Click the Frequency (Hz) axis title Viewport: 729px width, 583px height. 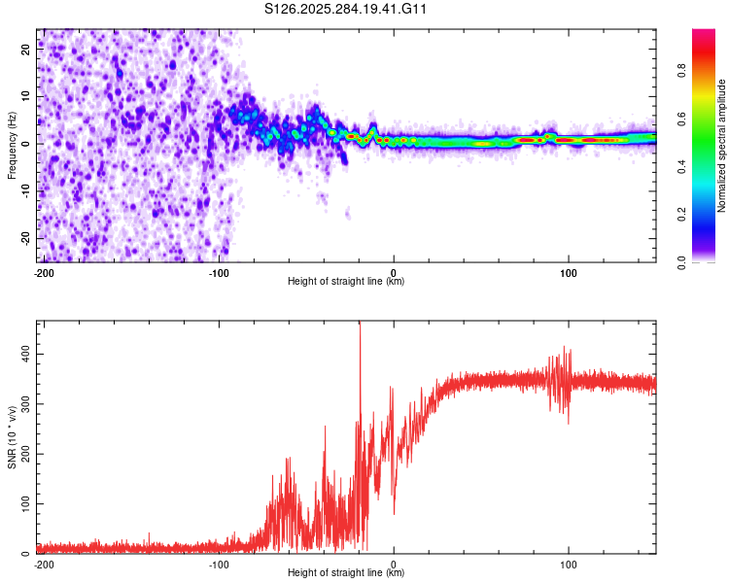(x=13, y=146)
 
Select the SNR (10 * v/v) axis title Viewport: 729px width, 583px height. (x=13, y=437)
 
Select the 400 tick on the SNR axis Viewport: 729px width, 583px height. (x=24, y=356)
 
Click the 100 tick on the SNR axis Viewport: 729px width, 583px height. (x=24, y=504)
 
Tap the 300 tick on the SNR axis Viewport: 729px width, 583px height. (x=24, y=405)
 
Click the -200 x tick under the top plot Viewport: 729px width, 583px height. (x=43, y=271)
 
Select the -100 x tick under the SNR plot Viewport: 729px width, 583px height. (x=219, y=564)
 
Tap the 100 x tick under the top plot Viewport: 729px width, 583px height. (x=569, y=271)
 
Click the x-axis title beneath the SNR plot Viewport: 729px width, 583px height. (x=347, y=573)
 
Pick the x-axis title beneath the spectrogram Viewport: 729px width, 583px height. (x=347, y=282)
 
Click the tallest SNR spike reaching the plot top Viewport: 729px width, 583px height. (x=360, y=325)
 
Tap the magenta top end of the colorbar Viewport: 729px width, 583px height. (x=703, y=33)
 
